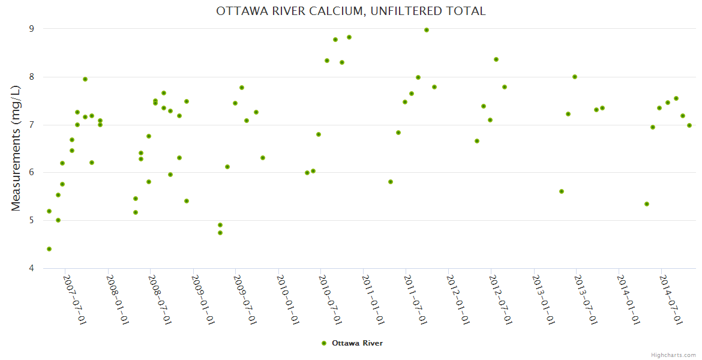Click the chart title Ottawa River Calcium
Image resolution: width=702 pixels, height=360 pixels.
(351, 11)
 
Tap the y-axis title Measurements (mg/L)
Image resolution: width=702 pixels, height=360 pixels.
(16, 148)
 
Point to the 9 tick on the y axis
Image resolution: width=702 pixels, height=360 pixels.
(31, 29)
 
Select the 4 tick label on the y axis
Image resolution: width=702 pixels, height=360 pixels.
(31, 268)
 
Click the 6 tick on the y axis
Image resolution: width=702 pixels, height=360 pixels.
(31, 172)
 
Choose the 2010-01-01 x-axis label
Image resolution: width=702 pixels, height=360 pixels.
(288, 300)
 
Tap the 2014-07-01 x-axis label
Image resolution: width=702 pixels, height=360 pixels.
(671, 300)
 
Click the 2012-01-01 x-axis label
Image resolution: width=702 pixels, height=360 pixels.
(458, 300)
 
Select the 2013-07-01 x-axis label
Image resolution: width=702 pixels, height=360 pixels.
(586, 300)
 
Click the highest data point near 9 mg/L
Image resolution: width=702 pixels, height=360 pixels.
(427, 30)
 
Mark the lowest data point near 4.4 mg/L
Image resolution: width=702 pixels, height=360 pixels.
(49, 249)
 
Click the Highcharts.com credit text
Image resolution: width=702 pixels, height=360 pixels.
(673, 355)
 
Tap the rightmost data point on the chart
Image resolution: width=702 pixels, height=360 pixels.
(689, 125)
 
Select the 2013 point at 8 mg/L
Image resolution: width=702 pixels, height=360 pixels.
(575, 77)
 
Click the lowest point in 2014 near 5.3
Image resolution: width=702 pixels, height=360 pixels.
(647, 204)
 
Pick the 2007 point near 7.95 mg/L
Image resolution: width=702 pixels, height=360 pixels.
(85, 79)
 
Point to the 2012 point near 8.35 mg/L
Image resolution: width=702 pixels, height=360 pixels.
(496, 59)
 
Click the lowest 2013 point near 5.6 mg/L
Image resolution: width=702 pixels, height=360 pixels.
(562, 191)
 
